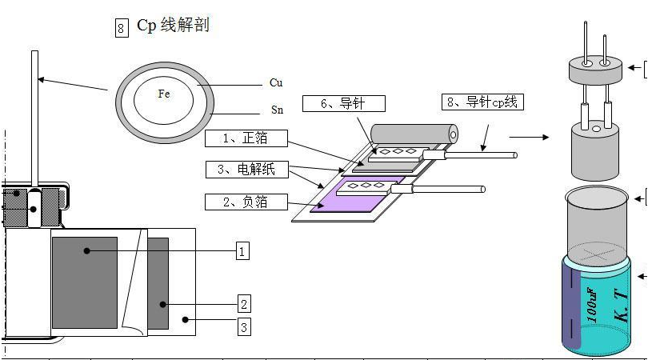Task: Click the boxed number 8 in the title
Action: [x=122, y=29]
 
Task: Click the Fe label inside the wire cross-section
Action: [x=163, y=94]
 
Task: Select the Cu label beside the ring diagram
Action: [x=276, y=82]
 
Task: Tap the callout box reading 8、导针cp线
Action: [x=482, y=102]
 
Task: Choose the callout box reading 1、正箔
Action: [x=246, y=138]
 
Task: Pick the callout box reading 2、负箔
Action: [x=246, y=202]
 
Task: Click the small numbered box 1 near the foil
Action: [x=242, y=251]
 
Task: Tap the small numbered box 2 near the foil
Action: [x=244, y=303]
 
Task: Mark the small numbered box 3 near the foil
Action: [x=244, y=326]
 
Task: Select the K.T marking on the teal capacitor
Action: [x=620, y=304]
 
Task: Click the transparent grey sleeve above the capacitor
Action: [x=596, y=220]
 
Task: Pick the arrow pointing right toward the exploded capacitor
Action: [x=529, y=137]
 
